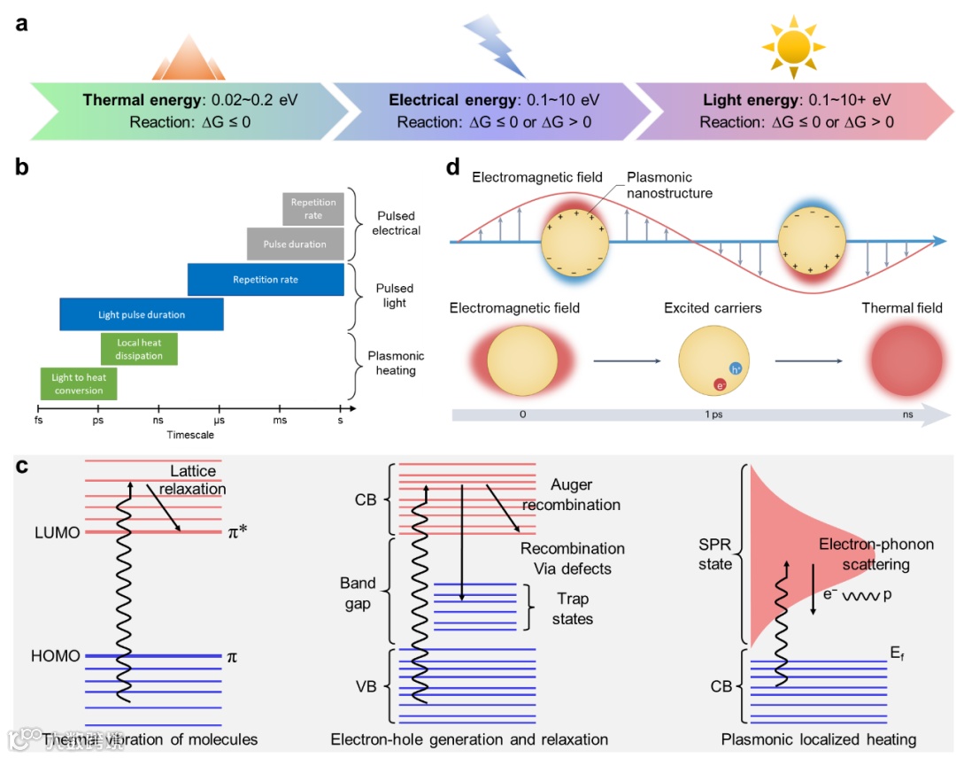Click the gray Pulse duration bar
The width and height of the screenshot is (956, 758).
295,244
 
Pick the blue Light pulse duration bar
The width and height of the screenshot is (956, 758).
142,314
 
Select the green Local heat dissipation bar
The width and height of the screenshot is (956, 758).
139,349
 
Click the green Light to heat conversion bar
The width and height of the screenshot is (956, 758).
79,383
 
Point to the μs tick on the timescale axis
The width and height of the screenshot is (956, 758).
219,421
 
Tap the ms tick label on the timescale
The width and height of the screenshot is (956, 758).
280,421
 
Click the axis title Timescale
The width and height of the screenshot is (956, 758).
190,435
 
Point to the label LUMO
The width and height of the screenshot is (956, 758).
58,532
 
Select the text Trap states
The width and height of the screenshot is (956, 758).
573,609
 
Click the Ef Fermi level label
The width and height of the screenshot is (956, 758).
898,653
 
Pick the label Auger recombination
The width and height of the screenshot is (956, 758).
572,495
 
